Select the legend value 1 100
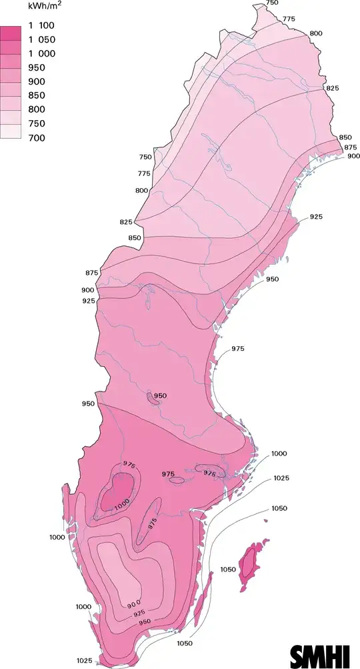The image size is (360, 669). tap(41, 25)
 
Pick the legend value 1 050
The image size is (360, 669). tap(41, 39)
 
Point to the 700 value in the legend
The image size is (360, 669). tap(37, 137)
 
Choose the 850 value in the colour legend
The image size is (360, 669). tap(37, 95)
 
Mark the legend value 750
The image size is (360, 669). tap(37, 123)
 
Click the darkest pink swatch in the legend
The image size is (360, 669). tap(11, 33)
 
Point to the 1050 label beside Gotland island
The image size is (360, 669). tap(228, 568)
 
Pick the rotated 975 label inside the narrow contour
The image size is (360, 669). tap(153, 524)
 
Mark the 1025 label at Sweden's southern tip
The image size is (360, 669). tap(85, 660)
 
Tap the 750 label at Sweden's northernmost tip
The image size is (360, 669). tap(272, 3)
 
